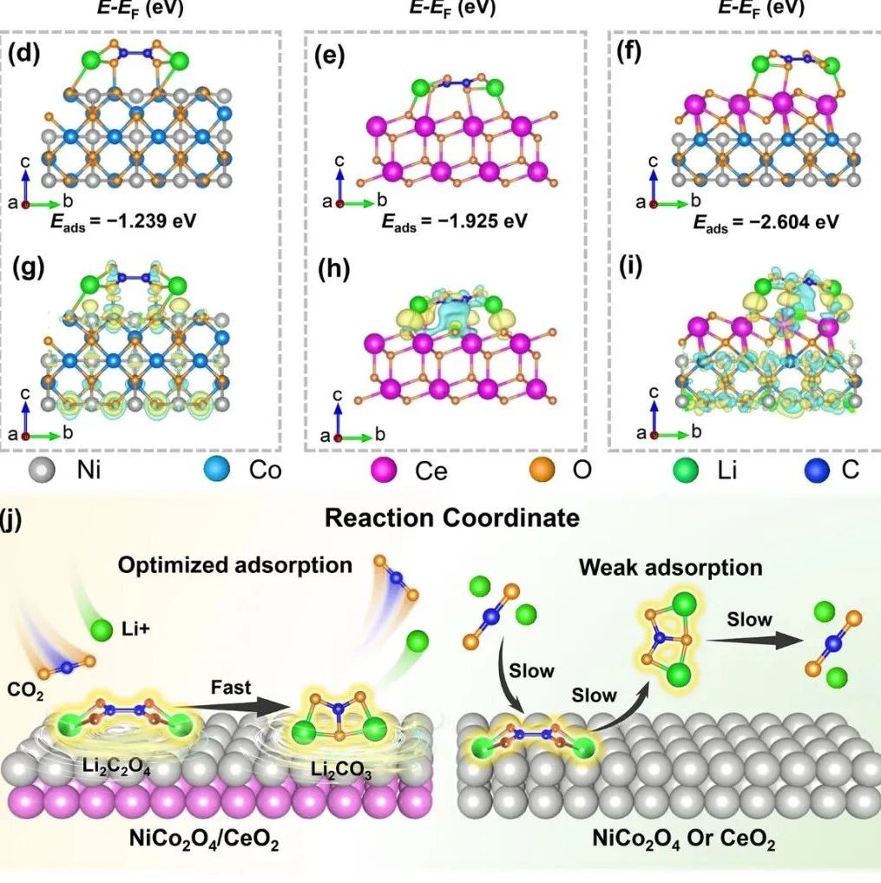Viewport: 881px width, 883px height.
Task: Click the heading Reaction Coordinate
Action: tap(451, 519)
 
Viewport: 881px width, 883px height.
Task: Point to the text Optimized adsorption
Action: tap(236, 565)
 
